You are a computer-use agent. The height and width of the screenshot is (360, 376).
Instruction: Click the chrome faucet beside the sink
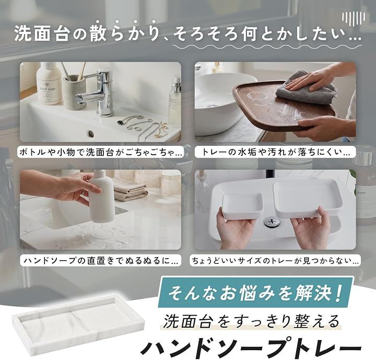(x=101, y=94)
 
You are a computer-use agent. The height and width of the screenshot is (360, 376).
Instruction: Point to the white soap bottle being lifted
(x=101, y=196)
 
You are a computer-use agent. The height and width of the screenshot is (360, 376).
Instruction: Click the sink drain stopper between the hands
(x=272, y=222)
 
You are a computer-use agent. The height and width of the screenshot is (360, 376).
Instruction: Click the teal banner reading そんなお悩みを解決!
(x=255, y=292)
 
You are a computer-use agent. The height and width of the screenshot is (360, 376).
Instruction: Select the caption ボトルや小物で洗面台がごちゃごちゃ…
(x=101, y=153)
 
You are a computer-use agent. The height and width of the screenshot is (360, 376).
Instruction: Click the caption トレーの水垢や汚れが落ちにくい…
(x=275, y=153)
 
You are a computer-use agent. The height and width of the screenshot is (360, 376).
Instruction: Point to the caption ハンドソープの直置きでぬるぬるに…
(x=101, y=261)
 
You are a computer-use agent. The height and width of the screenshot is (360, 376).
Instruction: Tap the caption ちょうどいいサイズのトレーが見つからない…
(x=275, y=261)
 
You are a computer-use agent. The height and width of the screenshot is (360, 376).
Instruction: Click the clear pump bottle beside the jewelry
(x=175, y=103)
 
